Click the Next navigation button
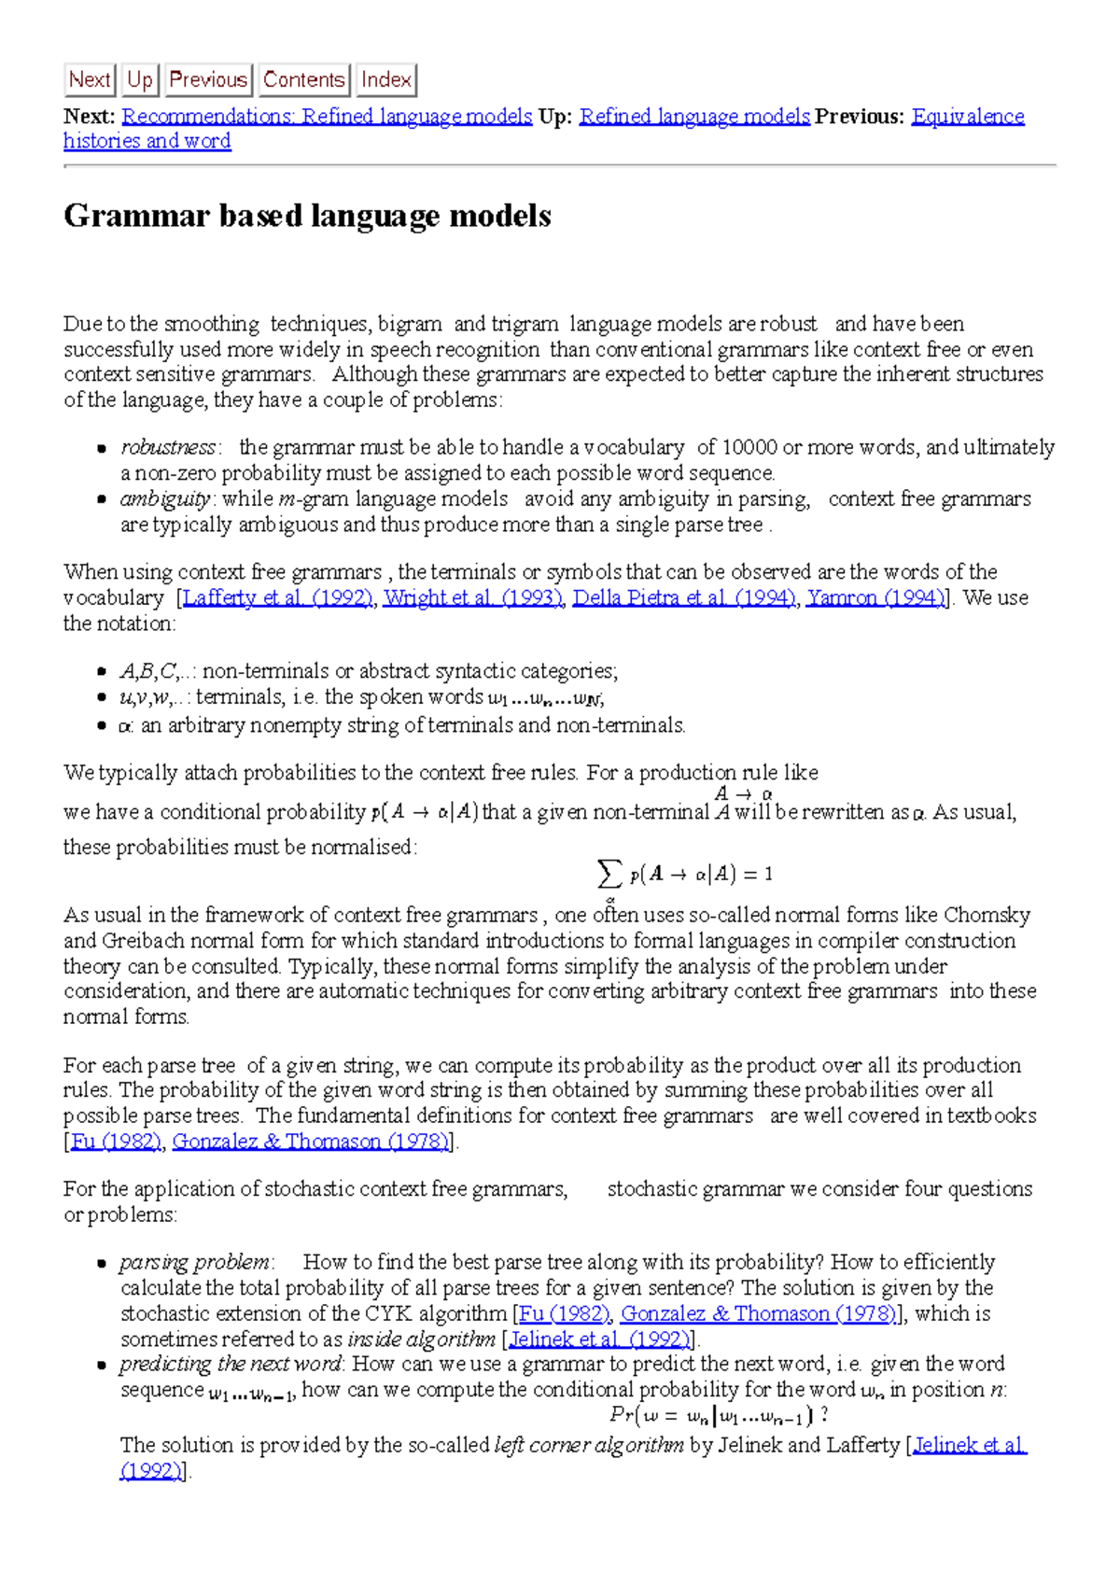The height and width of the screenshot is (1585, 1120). tap(89, 80)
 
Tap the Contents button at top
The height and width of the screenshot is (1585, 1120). tap(303, 80)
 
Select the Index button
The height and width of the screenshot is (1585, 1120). tap(386, 80)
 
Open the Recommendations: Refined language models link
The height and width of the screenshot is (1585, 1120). tap(327, 117)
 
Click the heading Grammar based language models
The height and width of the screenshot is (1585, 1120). tap(307, 216)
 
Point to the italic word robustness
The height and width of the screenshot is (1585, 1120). tap(168, 448)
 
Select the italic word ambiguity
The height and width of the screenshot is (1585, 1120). tap(165, 499)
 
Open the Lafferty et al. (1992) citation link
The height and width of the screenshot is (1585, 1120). tap(278, 598)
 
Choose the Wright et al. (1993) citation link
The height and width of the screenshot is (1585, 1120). tap(472, 598)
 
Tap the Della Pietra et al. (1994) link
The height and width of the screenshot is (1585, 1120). tap(684, 598)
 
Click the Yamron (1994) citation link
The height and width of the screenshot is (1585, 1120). tap(875, 598)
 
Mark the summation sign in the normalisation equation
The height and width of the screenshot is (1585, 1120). tap(609, 875)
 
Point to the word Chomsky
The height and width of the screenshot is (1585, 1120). tap(987, 915)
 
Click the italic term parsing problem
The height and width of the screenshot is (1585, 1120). tap(195, 1263)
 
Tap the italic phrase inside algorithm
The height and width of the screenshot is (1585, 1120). tap(421, 1340)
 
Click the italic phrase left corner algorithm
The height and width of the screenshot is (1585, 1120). tap(588, 1446)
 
